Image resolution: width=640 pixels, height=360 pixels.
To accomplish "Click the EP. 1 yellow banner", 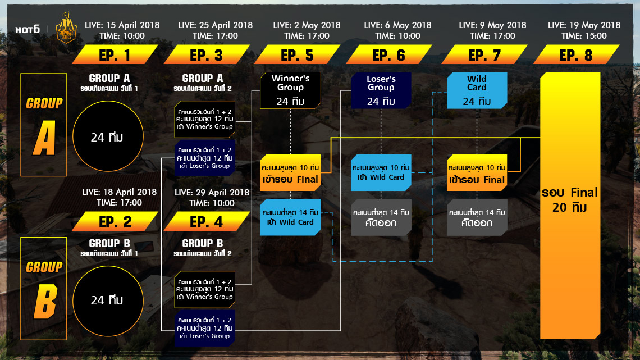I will [115, 55].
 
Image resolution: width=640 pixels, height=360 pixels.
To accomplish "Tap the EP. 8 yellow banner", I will [576, 55].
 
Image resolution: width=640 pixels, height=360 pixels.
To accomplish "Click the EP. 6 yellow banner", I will [389, 55].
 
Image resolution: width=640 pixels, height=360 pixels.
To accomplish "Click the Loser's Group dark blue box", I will [381, 90].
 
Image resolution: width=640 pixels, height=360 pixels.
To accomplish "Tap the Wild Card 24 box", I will [477, 90].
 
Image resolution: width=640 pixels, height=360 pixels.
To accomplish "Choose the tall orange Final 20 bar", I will [570, 205].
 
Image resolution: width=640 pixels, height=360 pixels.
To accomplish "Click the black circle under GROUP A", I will [107, 137].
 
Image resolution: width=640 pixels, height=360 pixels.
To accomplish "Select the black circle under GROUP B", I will [107, 300].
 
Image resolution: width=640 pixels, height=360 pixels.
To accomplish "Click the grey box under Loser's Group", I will [381, 217].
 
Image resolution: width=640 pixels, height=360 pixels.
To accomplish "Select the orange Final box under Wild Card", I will [477, 173].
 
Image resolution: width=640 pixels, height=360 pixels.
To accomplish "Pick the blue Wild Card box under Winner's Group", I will [290, 217].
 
